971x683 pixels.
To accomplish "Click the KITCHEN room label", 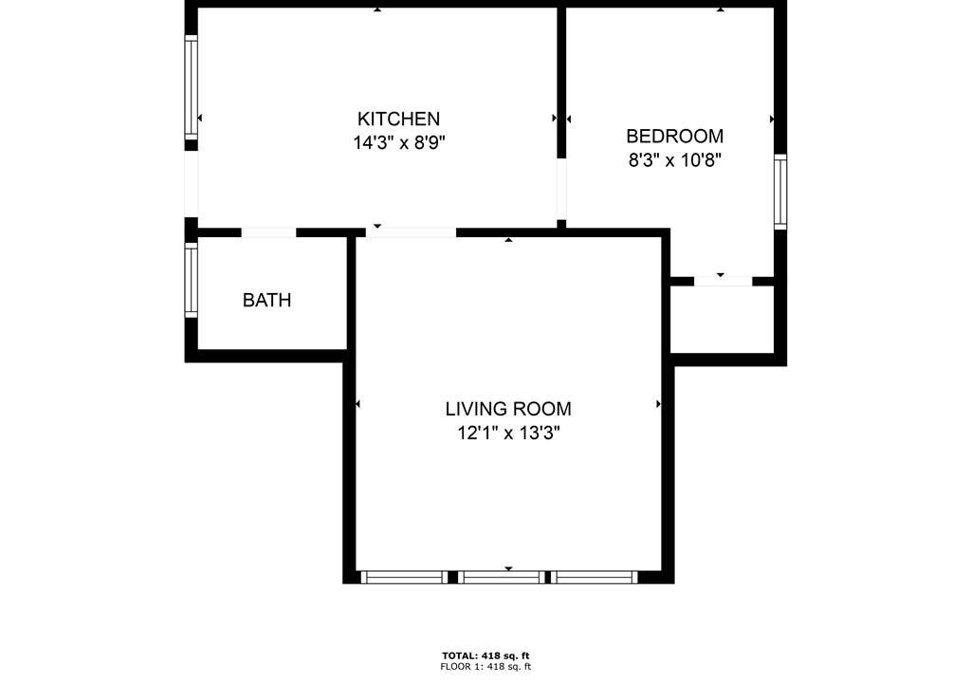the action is coord(398,119).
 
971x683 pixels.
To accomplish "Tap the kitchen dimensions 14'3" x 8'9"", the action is coord(399,143).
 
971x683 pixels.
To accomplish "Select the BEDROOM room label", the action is coord(674,136).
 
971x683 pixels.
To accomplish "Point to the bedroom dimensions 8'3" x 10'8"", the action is coord(674,160).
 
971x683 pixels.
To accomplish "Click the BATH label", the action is coord(266,300).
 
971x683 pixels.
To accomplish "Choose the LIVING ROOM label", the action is coord(508,409).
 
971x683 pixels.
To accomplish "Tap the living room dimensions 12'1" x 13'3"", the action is coord(508,433).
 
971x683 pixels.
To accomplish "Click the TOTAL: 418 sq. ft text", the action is coord(485,655).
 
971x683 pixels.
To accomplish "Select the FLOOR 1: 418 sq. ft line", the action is coord(485,667).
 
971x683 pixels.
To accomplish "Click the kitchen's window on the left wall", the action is coord(191,87).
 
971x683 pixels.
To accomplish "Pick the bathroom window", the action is coord(191,280).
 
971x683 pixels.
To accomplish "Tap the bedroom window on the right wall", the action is coord(780,192).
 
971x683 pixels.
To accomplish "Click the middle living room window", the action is coord(503,578).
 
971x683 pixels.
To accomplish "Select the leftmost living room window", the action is coord(404,578).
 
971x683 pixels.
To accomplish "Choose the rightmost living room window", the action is coord(595,578).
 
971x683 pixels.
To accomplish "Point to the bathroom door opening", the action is coord(268,232).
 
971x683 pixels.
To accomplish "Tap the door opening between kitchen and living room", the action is coord(412,232).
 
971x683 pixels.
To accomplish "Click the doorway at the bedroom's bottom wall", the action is coord(723,282).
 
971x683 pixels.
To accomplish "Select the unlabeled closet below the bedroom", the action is coord(722,319).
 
